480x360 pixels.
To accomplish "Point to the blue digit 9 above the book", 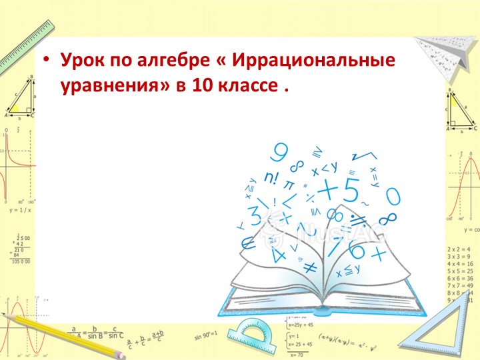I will click(x=281, y=153).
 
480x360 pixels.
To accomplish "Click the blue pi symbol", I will click(x=289, y=185).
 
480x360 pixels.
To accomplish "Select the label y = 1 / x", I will click(x=21, y=210).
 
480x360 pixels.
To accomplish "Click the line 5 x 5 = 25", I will click(x=460, y=271).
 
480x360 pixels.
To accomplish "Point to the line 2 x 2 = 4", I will click(x=460, y=247).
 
